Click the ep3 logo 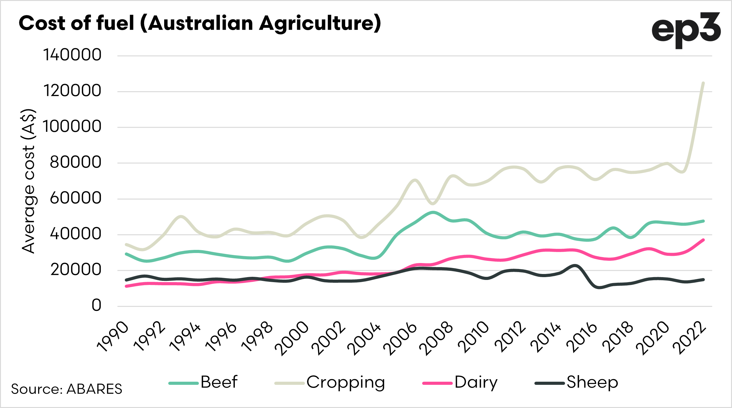coord(686,31)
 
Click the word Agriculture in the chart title coord(320,24)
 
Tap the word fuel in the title coord(115,23)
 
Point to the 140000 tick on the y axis coord(72,55)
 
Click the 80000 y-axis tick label coord(75,162)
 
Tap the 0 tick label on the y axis coord(96,305)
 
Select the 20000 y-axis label coord(76,270)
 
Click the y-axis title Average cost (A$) coord(28,181)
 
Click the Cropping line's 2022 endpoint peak coord(703,83)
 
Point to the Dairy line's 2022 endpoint coord(703,240)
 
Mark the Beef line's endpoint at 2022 coord(703,221)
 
